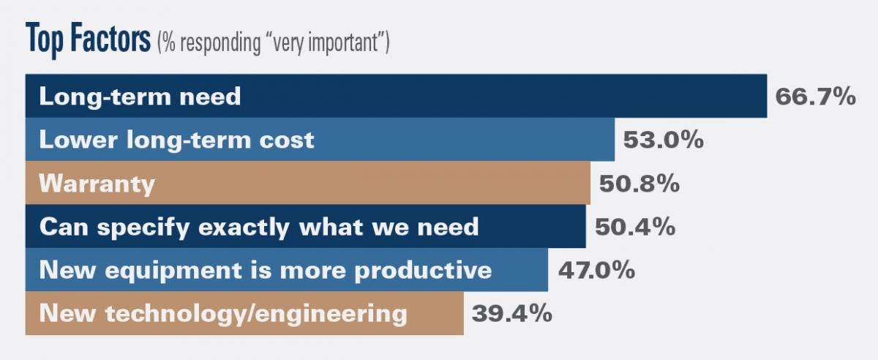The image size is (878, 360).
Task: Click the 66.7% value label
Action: (x=815, y=97)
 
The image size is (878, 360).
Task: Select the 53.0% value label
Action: (x=664, y=140)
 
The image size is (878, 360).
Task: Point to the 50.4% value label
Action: (x=634, y=227)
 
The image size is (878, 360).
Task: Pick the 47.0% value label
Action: (x=596, y=270)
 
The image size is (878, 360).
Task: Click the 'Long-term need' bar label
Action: (x=140, y=97)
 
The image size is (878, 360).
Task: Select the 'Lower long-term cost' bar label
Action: (x=176, y=140)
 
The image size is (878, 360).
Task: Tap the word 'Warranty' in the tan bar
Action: (x=97, y=184)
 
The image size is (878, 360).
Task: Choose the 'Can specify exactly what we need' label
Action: (x=259, y=227)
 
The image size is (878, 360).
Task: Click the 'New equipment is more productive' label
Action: (x=266, y=270)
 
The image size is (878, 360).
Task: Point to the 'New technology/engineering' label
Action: (x=223, y=314)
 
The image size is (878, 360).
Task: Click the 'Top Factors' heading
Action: (x=88, y=40)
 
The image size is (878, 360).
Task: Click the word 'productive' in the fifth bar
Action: (x=431, y=271)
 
